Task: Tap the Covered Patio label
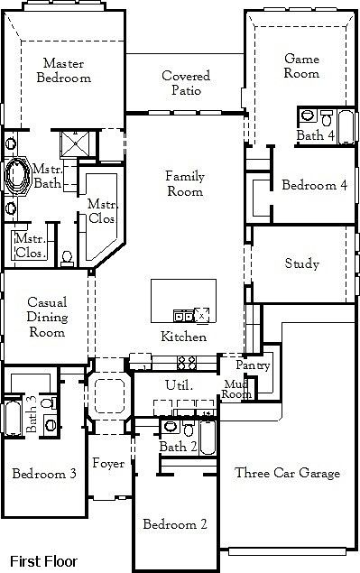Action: [x=186, y=83]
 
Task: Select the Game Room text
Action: [x=301, y=66]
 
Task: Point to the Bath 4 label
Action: [x=315, y=135]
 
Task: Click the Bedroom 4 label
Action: [x=314, y=185]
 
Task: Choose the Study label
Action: [x=301, y=263]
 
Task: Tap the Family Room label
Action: [x=184, y=183]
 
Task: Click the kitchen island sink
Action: [x=184, y=316]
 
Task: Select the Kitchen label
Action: [x=184, y=337]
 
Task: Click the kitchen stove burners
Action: [x=189, y=363]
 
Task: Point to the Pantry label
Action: [x=253, y=365]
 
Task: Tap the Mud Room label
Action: [x=236, y=389]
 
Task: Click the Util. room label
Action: [x=176, y=385]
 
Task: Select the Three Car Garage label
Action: [x=287, y=473]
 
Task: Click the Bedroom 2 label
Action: [x=176, y=523]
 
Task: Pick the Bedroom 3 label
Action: [x=44, y=473]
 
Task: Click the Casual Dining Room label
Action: [x=45, y=317]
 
